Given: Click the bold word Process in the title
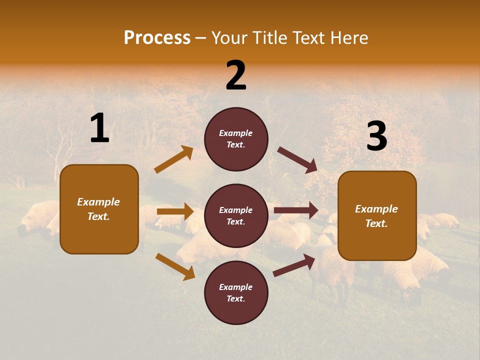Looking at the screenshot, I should (x=157, y=38).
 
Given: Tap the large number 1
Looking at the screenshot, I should (x=99, y=128).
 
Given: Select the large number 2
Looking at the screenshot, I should (x=236, y=76).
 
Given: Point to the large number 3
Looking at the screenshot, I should (x=376, y=136).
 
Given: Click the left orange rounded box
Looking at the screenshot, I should (x=99, y=209).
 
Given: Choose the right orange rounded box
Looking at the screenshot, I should (x=377, y=216).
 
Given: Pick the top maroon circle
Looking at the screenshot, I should (x=236, y=139).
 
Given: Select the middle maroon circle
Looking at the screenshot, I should (x=236, y=215).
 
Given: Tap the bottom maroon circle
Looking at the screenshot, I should (x=236, y=292).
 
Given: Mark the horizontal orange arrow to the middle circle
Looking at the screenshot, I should (x=175, y=211).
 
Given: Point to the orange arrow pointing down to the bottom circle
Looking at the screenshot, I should (x=175, y=266).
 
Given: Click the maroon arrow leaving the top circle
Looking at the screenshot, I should (x=297, y=160).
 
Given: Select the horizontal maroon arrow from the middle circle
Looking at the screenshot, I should (x=296, y=210).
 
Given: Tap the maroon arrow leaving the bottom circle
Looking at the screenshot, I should (x=294, y=265).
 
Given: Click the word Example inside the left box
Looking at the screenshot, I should (x=98, y=202).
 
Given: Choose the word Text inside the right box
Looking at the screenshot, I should (x=376, y=223).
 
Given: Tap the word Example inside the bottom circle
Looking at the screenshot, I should (x=235, y=287).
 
